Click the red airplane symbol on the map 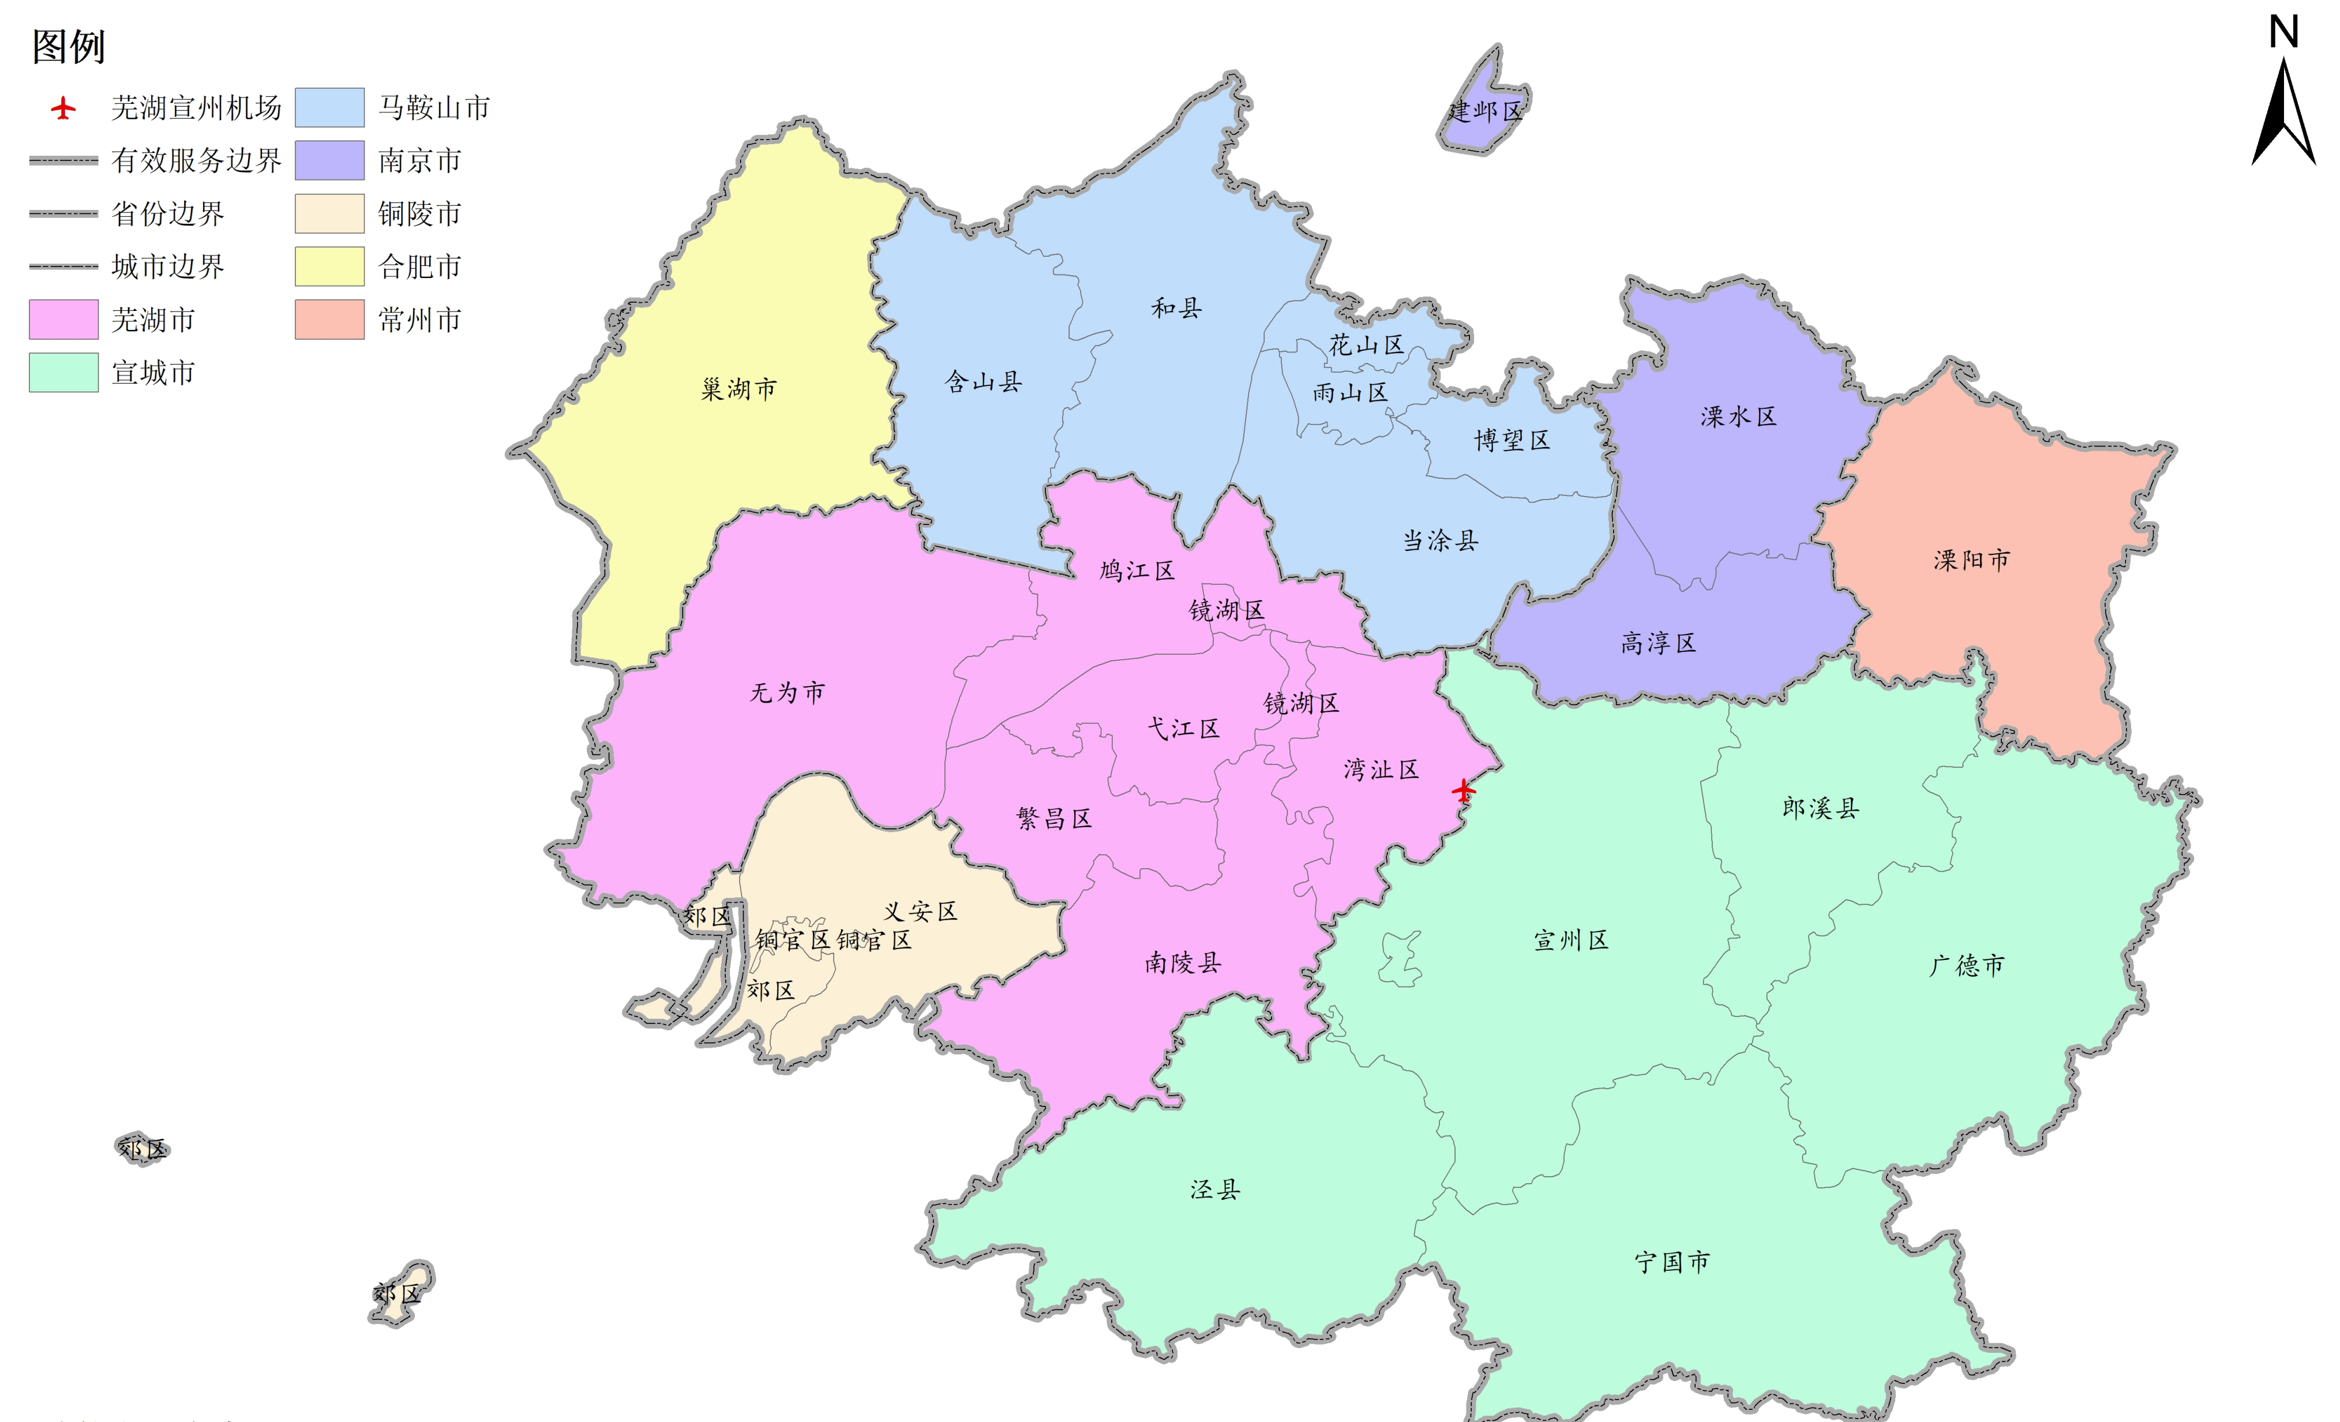1464,789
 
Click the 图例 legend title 69,47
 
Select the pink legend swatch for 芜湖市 63,319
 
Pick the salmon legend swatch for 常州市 329,319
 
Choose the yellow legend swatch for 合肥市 329,266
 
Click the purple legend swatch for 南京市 329,160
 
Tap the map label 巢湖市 739,388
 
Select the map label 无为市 787,692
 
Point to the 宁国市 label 1672,1262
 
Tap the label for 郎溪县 1821,808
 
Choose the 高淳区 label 1658,643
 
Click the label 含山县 983,382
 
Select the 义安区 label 920,912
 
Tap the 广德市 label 1967,965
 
